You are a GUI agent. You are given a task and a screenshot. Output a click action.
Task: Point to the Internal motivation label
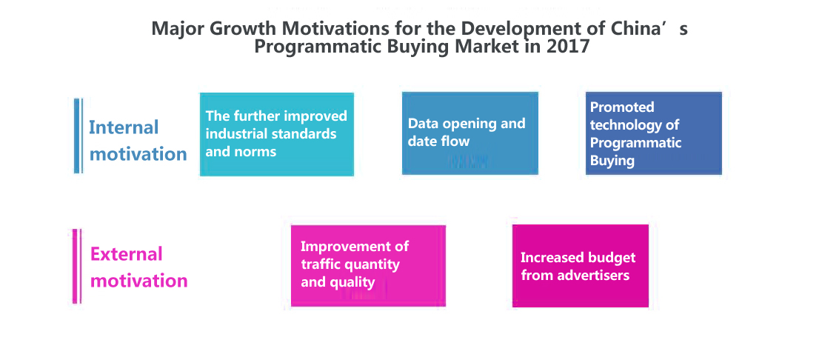[138, 141]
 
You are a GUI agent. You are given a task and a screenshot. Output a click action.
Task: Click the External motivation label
[138, 267]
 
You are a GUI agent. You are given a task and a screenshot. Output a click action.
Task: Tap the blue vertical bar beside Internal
[78, 136]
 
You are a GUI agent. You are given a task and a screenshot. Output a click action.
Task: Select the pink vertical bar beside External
[76, 266]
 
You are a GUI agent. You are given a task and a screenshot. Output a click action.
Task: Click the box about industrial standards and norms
[277, 134]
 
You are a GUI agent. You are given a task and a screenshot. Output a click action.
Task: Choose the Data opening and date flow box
[470, 133]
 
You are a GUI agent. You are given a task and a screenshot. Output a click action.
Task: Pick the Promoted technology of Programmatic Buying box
[654, 133]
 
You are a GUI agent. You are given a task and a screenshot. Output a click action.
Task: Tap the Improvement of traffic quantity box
[368, 266]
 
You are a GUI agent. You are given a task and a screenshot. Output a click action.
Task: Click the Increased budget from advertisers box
[581, 266]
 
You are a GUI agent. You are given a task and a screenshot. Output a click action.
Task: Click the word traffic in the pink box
[318, 264]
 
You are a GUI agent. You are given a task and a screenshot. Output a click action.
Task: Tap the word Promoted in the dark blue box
[622, 107]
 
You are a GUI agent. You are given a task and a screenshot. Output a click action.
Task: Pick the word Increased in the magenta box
[552, 257]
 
